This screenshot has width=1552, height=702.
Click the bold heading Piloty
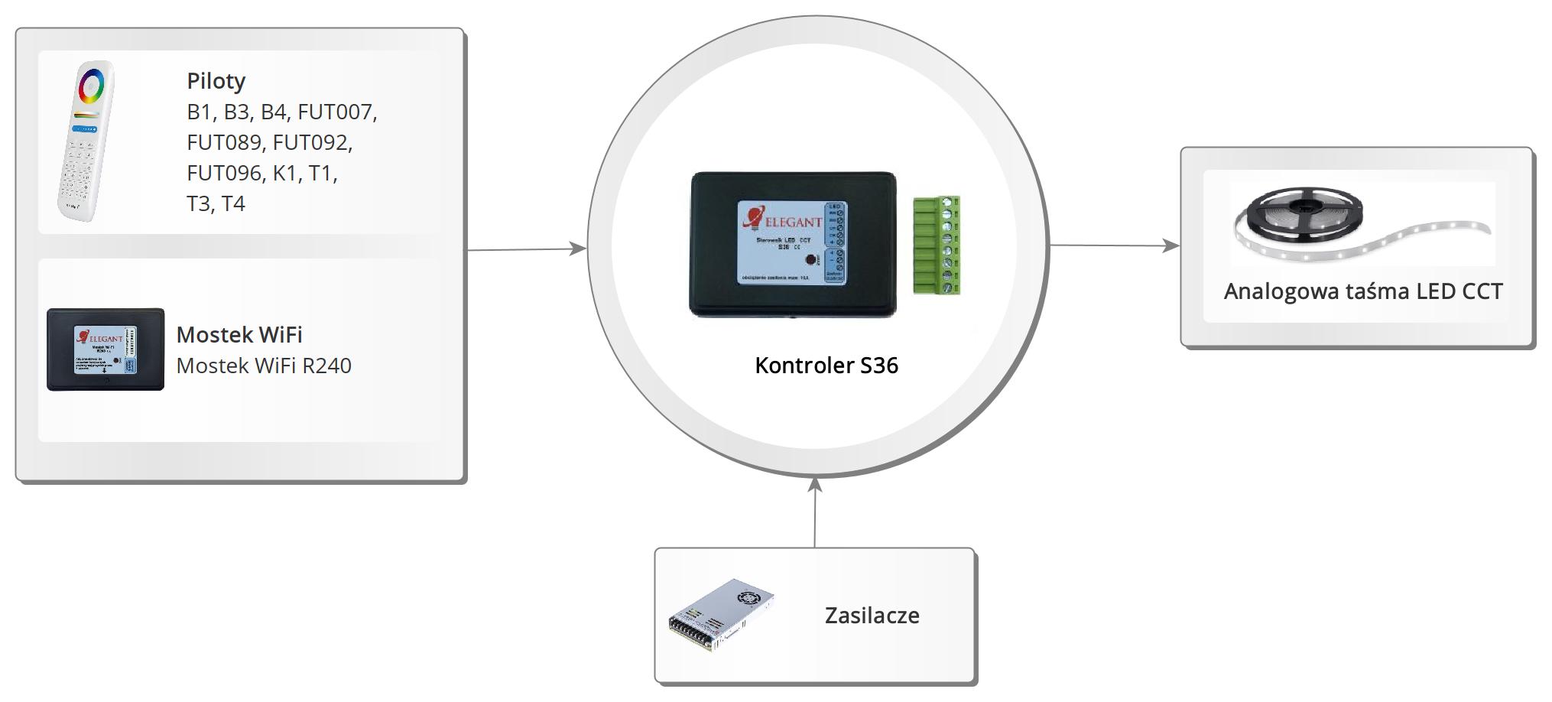tap(216, 81)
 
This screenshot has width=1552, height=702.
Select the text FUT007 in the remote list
tap(336, 112)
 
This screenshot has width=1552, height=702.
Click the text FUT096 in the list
tap(224, 174)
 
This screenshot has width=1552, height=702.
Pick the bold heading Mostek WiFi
tap(239, 335)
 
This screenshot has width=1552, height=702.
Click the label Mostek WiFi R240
tap(264, 366)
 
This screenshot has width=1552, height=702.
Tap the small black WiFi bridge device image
tap(106, 349)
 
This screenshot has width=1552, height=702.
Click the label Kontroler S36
tap(826, 366)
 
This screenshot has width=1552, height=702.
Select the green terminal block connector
tap(937, 245)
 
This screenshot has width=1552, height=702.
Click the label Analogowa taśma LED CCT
tap(1363, 291)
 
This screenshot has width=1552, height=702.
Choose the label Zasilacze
tap(872, 616)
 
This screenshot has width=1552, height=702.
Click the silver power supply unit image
tap(721, 615)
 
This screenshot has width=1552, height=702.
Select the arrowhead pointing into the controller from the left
tap(579, 248)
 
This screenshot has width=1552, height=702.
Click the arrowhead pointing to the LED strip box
tap(1170, 245)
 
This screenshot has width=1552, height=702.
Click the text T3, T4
tap(216, 204)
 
